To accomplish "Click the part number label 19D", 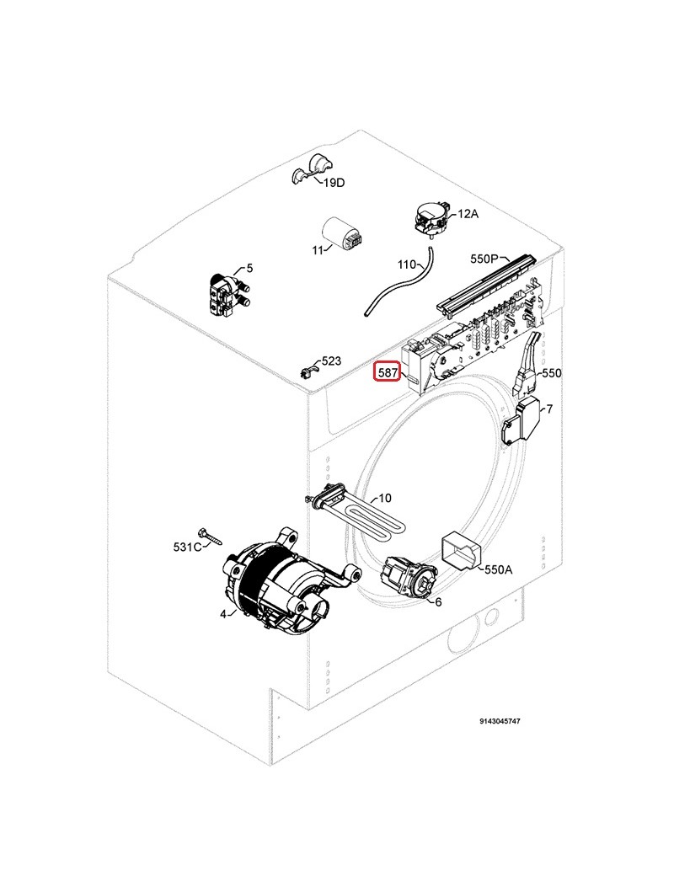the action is click(334, 183).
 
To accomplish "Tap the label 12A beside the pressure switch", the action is click(468, 214).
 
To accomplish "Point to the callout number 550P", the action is click(484, 259).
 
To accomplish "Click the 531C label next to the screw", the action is click(187, 547).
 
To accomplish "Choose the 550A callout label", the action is click(498, 569).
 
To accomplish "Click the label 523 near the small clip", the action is click(331, 361).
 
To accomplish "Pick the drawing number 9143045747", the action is click(500, 721).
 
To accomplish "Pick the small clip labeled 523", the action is click(308, 372).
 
